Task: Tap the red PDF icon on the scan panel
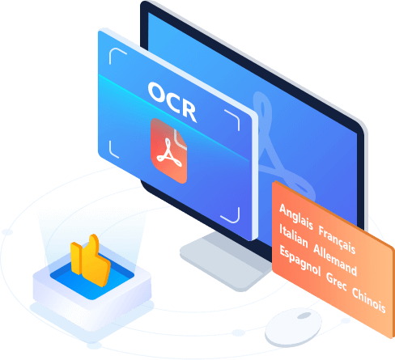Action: point(169,150)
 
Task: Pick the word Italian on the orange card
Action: point(293,234)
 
